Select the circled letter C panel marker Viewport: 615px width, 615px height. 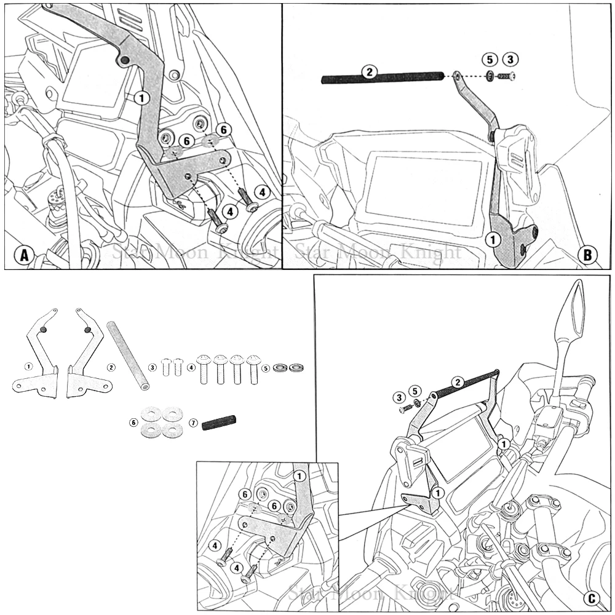(x=591, y=598)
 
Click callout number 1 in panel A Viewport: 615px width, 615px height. (x=141, y=97)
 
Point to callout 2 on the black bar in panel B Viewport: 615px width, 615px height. (x=368, y=72)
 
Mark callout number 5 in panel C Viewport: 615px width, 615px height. (x=416, y=391)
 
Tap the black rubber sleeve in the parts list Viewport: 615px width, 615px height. (x=219, y=423)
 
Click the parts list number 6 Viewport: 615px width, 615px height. (x=133, y=423)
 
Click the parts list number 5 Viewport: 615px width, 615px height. (x=266, y=368)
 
